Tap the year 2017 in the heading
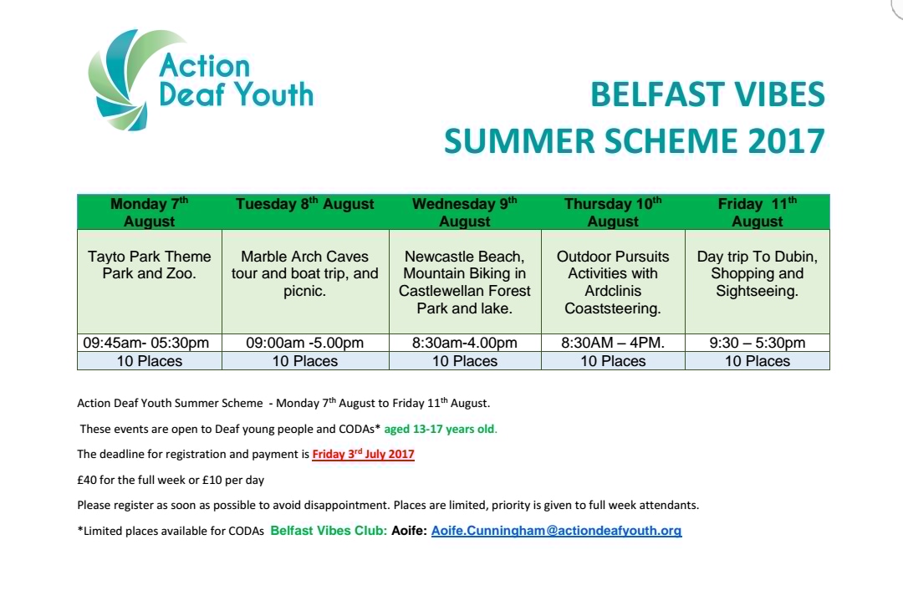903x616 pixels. [787, 141]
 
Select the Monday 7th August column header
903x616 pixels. [149, 212]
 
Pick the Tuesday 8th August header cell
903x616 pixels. [305, 212]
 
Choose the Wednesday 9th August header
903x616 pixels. [465, 212]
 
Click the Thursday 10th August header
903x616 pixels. [613, 212]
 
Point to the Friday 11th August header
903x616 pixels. [758, 212]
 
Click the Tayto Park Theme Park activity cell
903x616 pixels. [149, 282]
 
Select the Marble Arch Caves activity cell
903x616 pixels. [305, 282]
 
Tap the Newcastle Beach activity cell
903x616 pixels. [465, 282]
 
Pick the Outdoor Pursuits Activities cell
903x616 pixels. [613, 282]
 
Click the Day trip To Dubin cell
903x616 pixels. [758, 282]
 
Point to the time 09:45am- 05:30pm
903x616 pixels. [145, 344]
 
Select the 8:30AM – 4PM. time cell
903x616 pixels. [613, 344]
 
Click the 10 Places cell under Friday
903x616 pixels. [758, 361]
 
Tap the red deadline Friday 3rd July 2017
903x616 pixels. [364, 454]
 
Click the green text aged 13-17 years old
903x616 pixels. [440, 429]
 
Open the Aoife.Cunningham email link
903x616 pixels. [556, 531]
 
